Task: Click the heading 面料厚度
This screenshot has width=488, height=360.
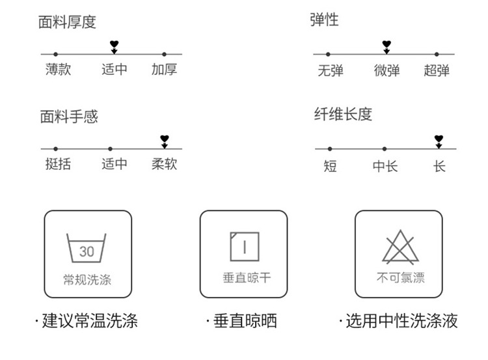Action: pos(68,22)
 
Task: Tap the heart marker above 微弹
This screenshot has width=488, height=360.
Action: pos(386,46)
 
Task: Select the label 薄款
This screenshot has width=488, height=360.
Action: pos(58,69)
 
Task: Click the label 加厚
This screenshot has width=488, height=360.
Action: pos(164,69)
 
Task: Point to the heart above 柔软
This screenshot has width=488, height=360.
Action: pos(165,140)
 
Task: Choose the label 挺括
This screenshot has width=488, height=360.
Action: pos(58,164)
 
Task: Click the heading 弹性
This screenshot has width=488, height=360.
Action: pos(324,20)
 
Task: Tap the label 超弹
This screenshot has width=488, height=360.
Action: pos(437,70)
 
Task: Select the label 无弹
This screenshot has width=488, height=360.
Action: pos(330,70)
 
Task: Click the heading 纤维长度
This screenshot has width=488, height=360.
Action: pos(343,115)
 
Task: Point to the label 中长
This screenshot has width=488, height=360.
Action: pos(385,166)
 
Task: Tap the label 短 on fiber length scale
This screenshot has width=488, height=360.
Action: pos(330,166)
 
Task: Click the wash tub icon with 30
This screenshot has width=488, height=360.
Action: pos(87,248)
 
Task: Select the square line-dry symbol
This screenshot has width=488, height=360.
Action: pos(243,247)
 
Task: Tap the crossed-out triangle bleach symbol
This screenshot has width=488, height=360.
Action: pos(400,247)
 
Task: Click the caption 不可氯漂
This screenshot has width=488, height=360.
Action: pos(400,279)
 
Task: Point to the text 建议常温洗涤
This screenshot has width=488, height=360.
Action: pos(90,321)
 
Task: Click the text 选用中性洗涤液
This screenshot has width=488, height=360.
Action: pos(401,321)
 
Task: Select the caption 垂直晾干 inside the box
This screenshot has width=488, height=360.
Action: pos(244,279)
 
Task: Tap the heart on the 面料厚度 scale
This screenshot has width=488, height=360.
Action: pos(115,46)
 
